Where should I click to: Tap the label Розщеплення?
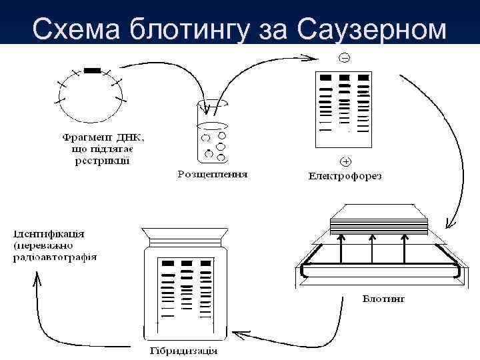pyautogui.click(x=212, y=174)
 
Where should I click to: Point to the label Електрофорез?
pyautogui.click(x=345, y=176)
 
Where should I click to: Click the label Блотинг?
pyautogui.click(x=383, y=298)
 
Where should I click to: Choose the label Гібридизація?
pyautogui.click(x=183, y=351)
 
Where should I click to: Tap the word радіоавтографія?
pyautogui.click(x=55, y=257)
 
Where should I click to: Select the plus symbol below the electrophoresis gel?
pyautogui.click(x=345, y=161)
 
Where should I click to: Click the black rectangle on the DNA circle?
pyautogui.click(x=92, y=70)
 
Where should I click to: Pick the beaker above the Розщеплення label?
pyautogui.click(x=213, y=133)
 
